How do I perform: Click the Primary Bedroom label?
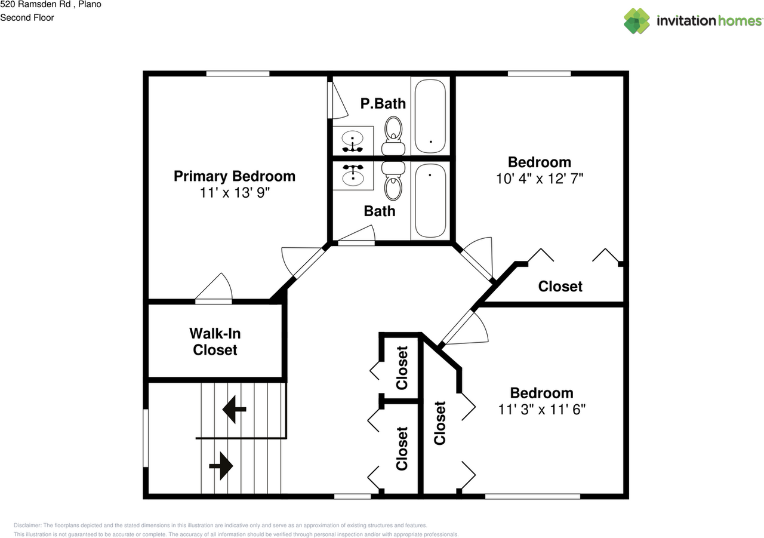[234, 176]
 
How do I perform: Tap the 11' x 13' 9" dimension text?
[234, 193]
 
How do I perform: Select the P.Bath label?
[383, 103]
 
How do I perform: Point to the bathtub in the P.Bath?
[430, 116]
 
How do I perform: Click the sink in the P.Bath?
[353, 141]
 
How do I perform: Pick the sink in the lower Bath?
[353, 174]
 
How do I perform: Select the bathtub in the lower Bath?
[430, 200]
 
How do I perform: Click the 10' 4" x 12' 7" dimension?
[539, 179]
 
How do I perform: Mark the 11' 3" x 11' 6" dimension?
[541, 409]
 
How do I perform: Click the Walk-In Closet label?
[215, 341]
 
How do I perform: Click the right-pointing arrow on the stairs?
[221, 465]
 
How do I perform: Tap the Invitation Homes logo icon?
[637, 21]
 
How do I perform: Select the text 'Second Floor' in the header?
[27, 18]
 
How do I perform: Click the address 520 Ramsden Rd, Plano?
[50, 5]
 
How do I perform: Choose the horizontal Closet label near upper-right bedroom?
[560, 286]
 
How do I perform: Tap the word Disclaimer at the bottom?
[28, 525]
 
